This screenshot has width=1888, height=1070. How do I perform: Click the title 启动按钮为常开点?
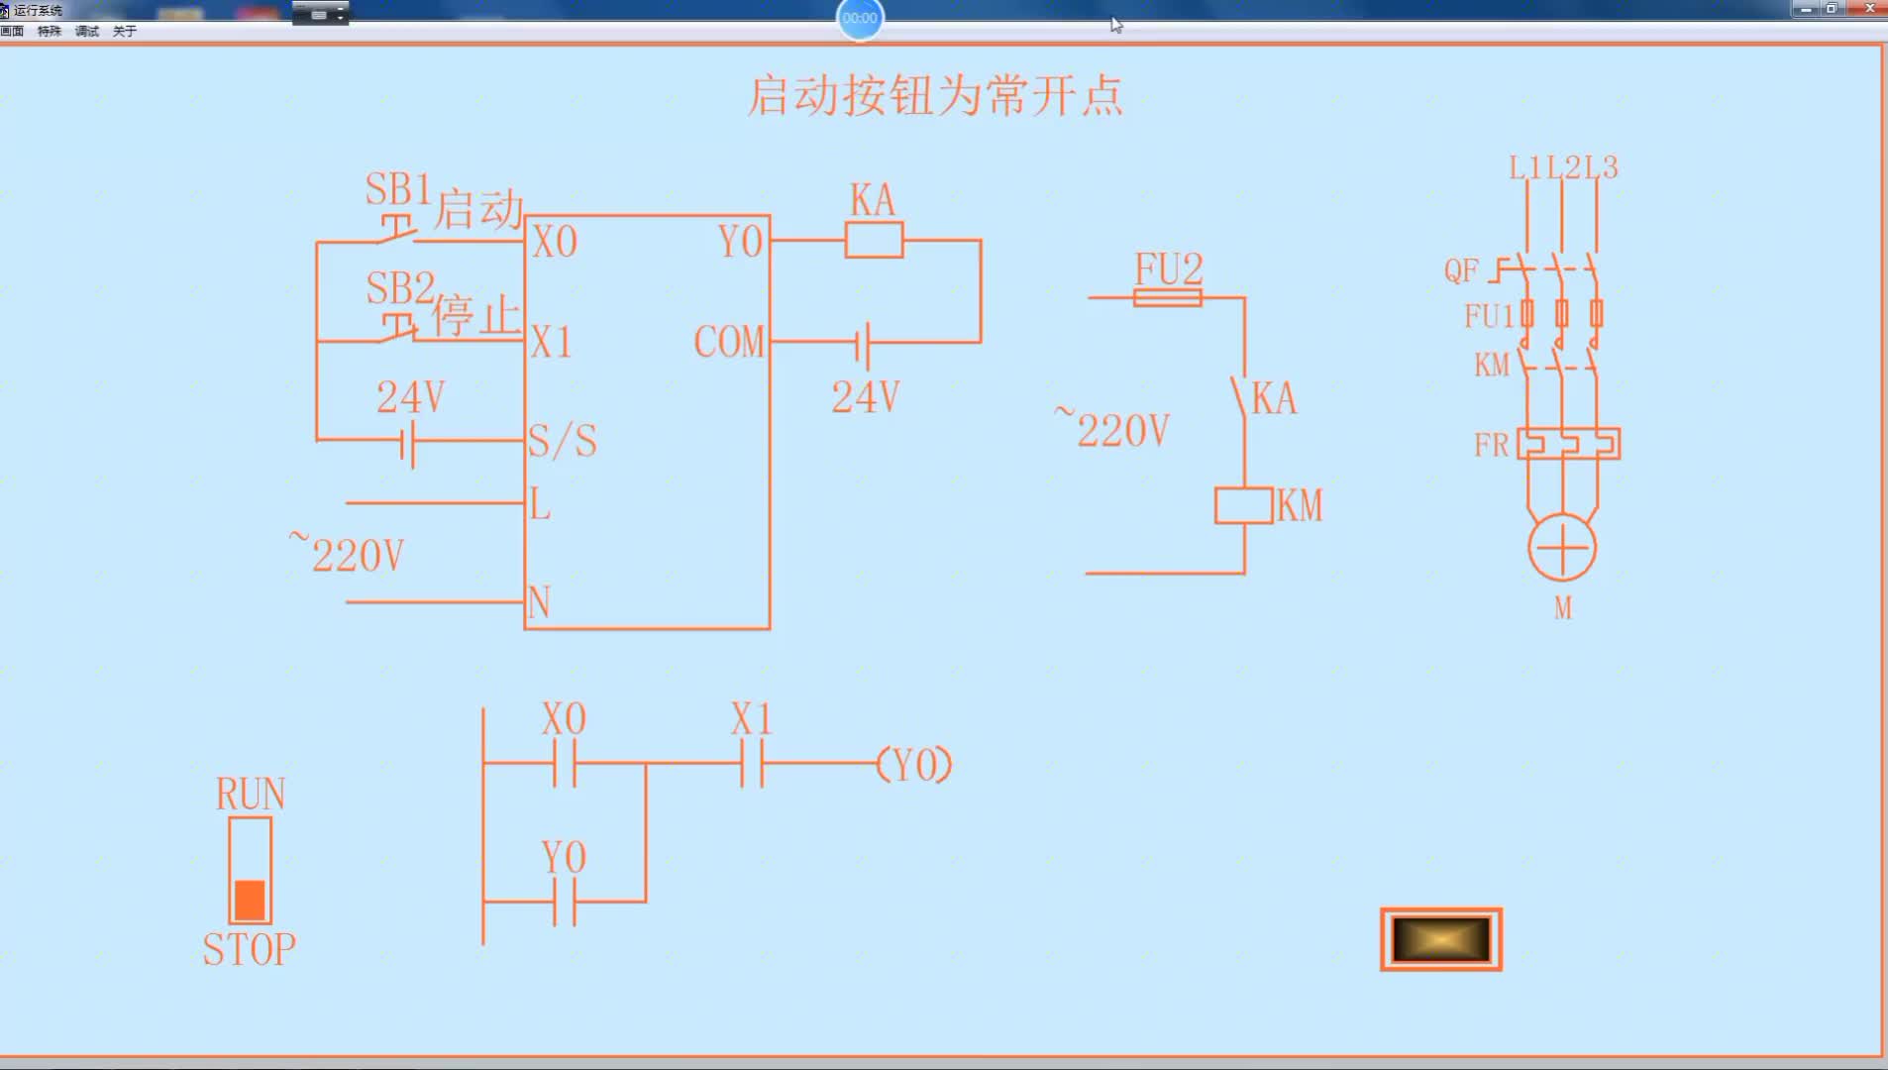click(x=935, y=96)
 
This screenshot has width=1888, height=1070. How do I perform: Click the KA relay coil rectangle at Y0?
click(x=874, y=240)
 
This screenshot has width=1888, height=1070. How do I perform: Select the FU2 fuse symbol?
click(x=1168, y=297)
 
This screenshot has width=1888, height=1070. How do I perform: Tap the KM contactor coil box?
click(x=1244, y=505)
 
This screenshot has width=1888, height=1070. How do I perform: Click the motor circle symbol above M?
click(x=1562, y=548)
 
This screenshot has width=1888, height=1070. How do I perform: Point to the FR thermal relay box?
click(x=1569, y=443)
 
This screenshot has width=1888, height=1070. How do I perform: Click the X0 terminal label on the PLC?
click(x=555, y=242)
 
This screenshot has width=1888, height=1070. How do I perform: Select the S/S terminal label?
click(x=563, y=441)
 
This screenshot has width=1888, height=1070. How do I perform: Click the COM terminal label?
click(x=729, y=342)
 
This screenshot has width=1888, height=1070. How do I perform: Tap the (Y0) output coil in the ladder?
click(x=914, y=764)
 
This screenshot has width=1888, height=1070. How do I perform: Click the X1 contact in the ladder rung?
click(x=752, y=764)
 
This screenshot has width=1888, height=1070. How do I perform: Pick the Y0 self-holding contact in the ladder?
click(x=564, y=902)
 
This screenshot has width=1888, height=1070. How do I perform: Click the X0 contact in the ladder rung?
click(x=564, y=764)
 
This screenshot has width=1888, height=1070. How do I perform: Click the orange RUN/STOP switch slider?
click(x=250, y=900)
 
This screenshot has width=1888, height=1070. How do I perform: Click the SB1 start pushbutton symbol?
click(x=397, y=229)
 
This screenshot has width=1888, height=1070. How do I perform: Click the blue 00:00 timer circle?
click(x=860, y=18)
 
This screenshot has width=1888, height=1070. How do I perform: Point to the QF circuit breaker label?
click(x=1461, y=270)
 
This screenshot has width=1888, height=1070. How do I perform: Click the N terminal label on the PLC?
click(x=539, y=602)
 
